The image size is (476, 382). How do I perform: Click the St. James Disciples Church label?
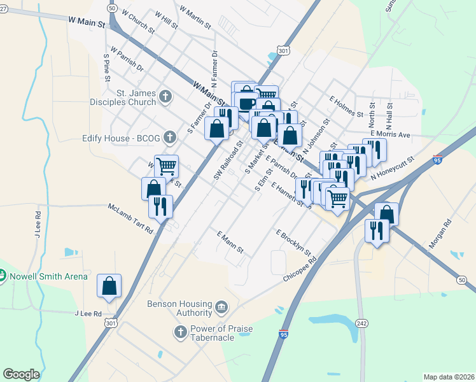point(128,97)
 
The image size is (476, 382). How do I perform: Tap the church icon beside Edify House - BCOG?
point(169,137)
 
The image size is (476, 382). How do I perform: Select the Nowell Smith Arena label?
point(47,276)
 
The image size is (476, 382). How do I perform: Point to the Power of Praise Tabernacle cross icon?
point(180,332)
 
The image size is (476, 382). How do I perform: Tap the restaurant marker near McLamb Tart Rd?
point(160,206)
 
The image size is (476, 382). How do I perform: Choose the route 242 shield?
point(361,323)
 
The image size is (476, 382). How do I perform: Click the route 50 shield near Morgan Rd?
point(461,279)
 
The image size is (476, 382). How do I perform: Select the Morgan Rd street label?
point(439,234)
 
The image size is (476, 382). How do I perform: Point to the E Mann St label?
point(230,243)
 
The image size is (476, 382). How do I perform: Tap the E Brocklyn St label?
point(293,243)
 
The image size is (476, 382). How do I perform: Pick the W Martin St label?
point(195,17)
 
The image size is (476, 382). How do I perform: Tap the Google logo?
point(21,374)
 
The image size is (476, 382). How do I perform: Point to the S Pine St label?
point(106,67)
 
